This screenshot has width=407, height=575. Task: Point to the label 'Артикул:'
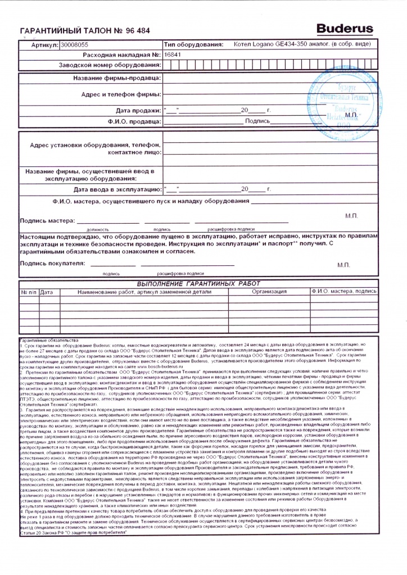click(x=41, y=44)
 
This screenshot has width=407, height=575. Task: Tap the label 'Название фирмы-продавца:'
click(x=117, y=78)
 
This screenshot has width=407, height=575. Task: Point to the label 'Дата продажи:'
click(x=138, y=110)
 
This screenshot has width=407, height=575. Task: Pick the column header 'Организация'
click(x=269, y=292)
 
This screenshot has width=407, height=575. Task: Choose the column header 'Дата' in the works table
click(x=47, y=292)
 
